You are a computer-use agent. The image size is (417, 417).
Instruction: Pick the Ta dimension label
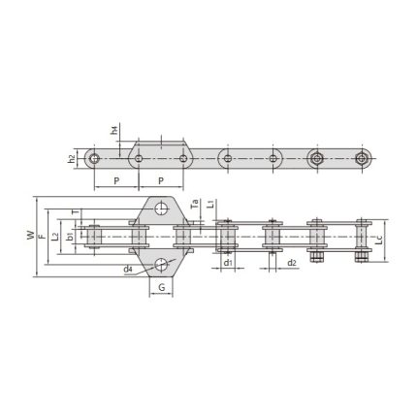click(x=194, y=206)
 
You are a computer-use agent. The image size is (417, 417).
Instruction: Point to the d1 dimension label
click(x=227, y=262)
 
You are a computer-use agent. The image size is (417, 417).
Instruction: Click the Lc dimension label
click(x=379, y=237)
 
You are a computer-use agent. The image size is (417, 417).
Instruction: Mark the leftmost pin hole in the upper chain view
click(x=94, y=157)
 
